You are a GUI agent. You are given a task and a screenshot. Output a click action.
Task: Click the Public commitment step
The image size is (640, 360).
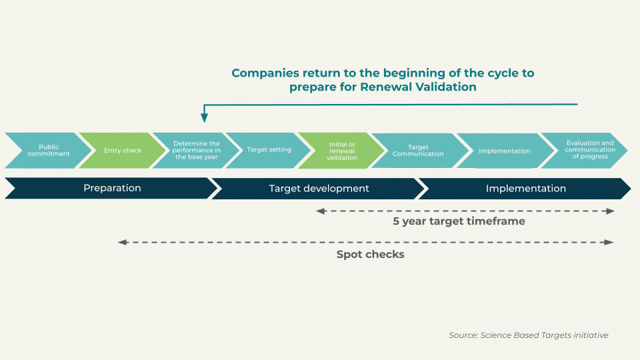[49, 151]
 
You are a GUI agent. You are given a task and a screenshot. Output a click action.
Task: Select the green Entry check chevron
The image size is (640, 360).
[123, 151]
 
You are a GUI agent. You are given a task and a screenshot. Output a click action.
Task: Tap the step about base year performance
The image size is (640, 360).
[196, 151]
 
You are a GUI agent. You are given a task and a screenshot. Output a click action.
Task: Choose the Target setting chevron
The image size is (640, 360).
[269, 150]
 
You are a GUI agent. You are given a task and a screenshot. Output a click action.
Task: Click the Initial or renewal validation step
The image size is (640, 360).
[342, 151]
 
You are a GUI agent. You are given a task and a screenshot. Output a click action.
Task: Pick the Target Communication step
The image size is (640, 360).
[418, 151]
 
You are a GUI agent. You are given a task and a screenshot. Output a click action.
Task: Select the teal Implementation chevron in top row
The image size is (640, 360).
[504, 151]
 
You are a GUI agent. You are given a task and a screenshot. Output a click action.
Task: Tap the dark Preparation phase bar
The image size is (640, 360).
[112, 189]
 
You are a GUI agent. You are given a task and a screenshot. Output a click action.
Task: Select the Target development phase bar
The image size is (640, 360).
[319, 189]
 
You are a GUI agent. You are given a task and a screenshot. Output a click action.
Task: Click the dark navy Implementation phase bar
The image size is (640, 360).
[525, 189]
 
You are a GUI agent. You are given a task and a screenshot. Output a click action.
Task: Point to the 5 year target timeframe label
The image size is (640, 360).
[459, 221]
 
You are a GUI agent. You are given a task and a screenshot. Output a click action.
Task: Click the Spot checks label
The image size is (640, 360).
[370, 255]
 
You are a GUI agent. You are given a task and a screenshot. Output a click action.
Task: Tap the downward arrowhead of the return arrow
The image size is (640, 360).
[205, 118]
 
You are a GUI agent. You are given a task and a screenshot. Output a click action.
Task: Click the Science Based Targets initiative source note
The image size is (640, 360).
[528, 335]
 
